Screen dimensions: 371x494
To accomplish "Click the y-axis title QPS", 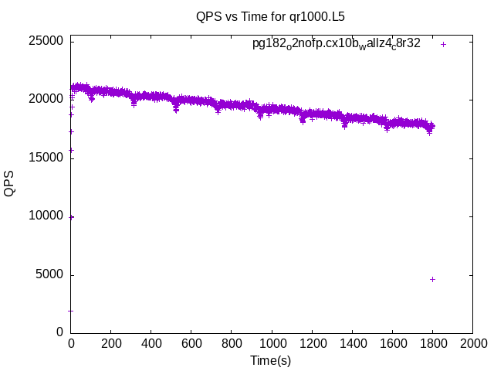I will (x=10, y=184).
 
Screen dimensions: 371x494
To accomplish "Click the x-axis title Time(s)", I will (x=270, y=360).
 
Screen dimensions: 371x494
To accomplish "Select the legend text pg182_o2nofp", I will (x=337, y=44).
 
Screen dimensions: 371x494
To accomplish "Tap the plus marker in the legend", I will (x=443, y=44).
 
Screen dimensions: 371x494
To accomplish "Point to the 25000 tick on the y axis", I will (x=46, y=41).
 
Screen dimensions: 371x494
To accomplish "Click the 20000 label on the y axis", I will (x=46, y=100).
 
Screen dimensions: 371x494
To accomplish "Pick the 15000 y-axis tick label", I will (x=46, y=158).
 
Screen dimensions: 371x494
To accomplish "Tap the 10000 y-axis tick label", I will (x=46, y=216).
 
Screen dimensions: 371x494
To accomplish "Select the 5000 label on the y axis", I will (x=49, y=275).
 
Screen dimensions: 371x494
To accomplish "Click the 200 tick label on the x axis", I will (x=111, y=343).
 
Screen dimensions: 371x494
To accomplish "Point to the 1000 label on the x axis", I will (x=272, y=343).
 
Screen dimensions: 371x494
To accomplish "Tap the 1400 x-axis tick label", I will (x=352, y=343).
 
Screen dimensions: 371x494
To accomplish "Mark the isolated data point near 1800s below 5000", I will (x=432, y=279).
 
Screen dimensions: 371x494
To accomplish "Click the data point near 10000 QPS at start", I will (x=71, y=217).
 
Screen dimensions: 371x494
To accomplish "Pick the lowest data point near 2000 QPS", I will (x=71, y=311).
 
